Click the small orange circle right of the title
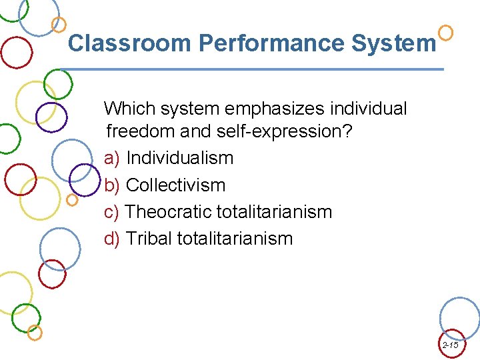446,31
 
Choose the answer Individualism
180,158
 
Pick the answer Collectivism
175,185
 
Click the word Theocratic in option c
169,212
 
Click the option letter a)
112,158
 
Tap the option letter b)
112,185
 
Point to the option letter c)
112,212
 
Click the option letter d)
112,238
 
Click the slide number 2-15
450,345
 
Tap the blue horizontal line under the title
253,69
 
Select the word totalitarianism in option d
237,238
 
